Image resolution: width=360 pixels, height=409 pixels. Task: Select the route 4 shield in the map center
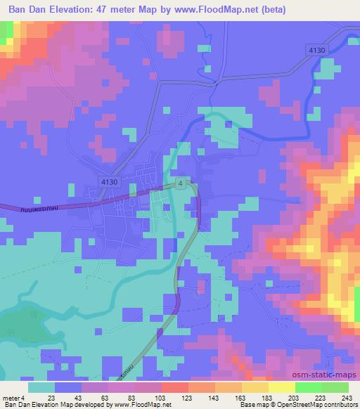(x=181, y=183)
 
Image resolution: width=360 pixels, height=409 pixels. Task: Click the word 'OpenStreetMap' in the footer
(x=288, y=405)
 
